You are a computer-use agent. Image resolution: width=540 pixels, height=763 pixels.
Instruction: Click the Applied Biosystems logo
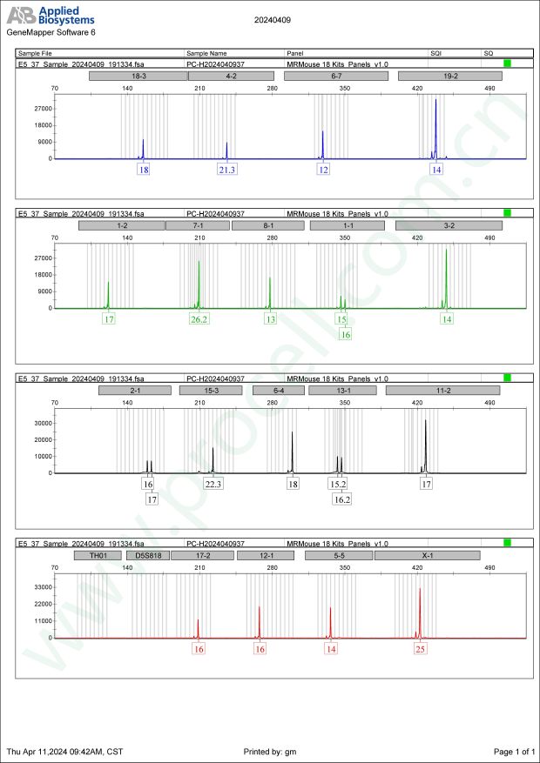tap(51, 15)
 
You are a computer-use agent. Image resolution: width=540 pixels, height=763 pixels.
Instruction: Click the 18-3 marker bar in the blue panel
tap(138, 77)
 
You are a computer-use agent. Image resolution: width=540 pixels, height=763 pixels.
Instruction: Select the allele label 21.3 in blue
tap(227, 170)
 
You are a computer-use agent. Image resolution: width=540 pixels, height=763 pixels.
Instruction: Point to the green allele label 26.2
tap(199, 319)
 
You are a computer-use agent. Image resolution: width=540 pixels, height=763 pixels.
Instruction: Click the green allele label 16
tap(345, 334)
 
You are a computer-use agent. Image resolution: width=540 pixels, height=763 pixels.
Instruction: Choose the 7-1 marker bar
tap(197, 225)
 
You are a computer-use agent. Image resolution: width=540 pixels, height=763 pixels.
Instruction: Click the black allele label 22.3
tap(213, 484)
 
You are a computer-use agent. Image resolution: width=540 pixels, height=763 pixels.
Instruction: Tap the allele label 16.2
tap(342, 499)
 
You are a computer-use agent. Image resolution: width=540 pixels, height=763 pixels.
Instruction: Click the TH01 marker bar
tap(98, 554)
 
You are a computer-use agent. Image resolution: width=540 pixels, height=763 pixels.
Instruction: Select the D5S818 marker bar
tap(146, 554)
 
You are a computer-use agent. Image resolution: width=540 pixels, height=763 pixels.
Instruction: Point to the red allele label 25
tap(421, 649)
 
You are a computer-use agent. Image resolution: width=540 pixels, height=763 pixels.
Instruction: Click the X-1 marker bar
tap(427, 554)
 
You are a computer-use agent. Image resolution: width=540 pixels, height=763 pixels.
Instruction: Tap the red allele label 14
tap(331, 649)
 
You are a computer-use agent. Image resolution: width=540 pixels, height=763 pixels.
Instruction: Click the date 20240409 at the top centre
tap(273, 18)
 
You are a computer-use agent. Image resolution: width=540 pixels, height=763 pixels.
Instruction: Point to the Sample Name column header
tap(206, 54)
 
